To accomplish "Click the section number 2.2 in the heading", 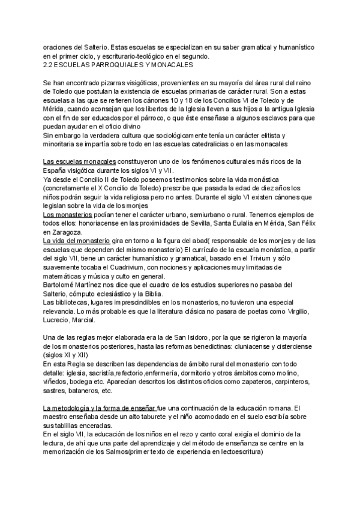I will click(x=49, y=64).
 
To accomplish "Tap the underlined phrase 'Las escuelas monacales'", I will click(x=80, y=161).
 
